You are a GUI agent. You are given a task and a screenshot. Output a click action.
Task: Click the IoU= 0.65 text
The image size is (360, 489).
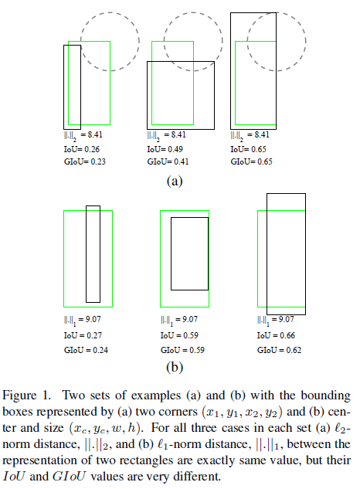point(249,150)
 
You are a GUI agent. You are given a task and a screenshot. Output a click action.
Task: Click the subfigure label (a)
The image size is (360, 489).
point(174,182)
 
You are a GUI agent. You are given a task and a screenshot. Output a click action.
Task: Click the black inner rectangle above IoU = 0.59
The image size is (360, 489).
point(189,253)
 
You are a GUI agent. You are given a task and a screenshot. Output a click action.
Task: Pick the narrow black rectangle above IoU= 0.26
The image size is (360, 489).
point(72,87)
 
